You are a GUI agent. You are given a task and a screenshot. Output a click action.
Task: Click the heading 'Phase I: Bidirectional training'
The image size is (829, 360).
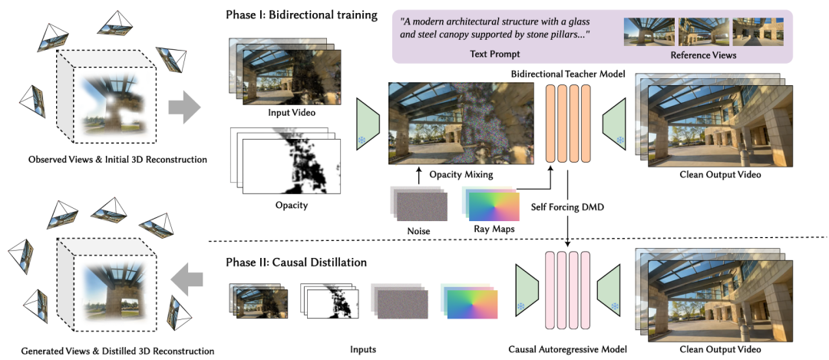pyautogui.click(x=302, y=15)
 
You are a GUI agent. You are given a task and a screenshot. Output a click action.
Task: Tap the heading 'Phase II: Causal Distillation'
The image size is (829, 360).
pyautogui.click(x=296, y=262)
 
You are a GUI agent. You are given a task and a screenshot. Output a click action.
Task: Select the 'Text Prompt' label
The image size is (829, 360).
pyautogui.click(x=495, y=54)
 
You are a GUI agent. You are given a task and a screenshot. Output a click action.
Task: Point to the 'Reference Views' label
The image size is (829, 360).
pyautogui.click(x=703, y=55)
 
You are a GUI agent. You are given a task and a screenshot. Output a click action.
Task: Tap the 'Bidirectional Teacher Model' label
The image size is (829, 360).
pyautogui.click(x=568, y=75)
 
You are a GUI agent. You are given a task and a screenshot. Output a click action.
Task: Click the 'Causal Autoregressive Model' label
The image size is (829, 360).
pyautogui.click(x=567, y=349)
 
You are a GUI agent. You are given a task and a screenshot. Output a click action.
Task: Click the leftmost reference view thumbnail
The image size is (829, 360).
pyautogui.click(x=649, y=31)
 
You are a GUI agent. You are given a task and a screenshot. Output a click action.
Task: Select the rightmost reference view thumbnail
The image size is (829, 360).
pyautogui.click(x=757, y=31)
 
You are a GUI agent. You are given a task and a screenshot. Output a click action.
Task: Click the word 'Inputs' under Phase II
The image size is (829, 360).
pyautogui.click(x=363, y=349)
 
